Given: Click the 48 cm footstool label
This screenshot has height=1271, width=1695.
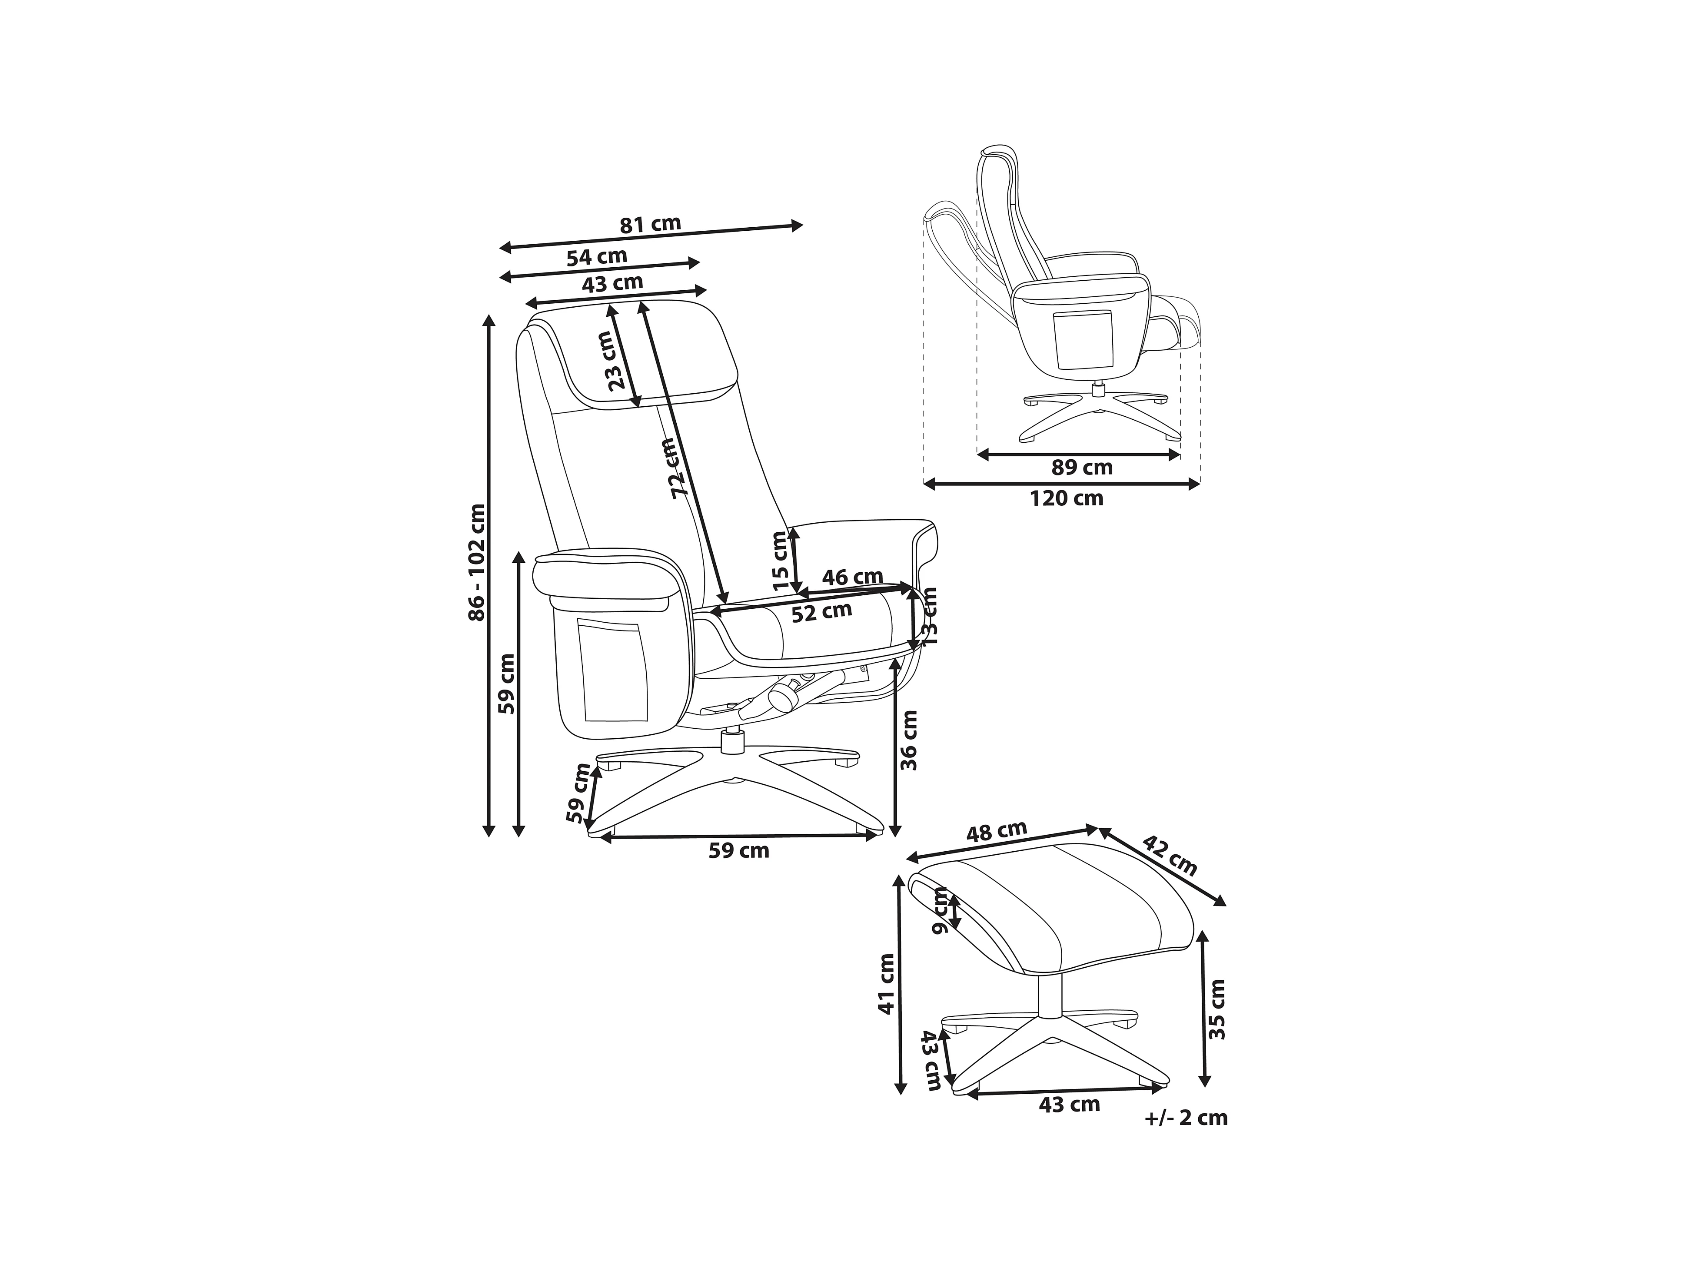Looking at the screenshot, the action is click(996, 831).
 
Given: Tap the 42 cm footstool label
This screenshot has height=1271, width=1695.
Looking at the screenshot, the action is click(1170, 856).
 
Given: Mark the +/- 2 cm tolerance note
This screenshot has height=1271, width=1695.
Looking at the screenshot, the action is click(1186, 1118).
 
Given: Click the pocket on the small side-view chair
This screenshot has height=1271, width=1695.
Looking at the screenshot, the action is click(1083, 339).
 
